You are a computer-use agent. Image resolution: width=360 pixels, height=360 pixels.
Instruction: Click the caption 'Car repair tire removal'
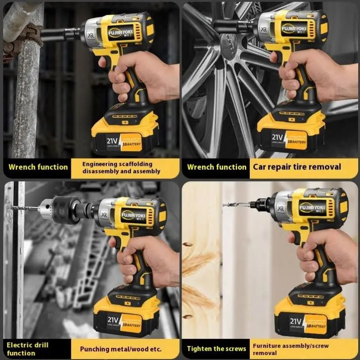click(x=296, y=167)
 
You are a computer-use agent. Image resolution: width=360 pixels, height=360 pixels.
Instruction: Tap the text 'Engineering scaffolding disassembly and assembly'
click(x=121, y=168)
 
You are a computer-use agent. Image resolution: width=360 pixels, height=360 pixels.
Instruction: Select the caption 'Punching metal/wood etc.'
click(x=121, y=349)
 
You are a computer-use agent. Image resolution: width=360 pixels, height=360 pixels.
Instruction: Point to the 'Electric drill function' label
click(x=28, y=349)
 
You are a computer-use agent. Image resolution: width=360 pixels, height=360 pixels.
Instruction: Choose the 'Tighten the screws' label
click(x=217, y=349)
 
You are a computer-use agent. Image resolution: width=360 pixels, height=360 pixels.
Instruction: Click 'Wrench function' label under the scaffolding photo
click(x=38, y=167)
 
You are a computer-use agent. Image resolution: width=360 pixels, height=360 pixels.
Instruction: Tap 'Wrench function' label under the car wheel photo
click(x=217, y=167)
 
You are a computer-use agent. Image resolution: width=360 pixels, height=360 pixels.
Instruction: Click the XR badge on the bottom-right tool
click(x=282, y=209)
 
